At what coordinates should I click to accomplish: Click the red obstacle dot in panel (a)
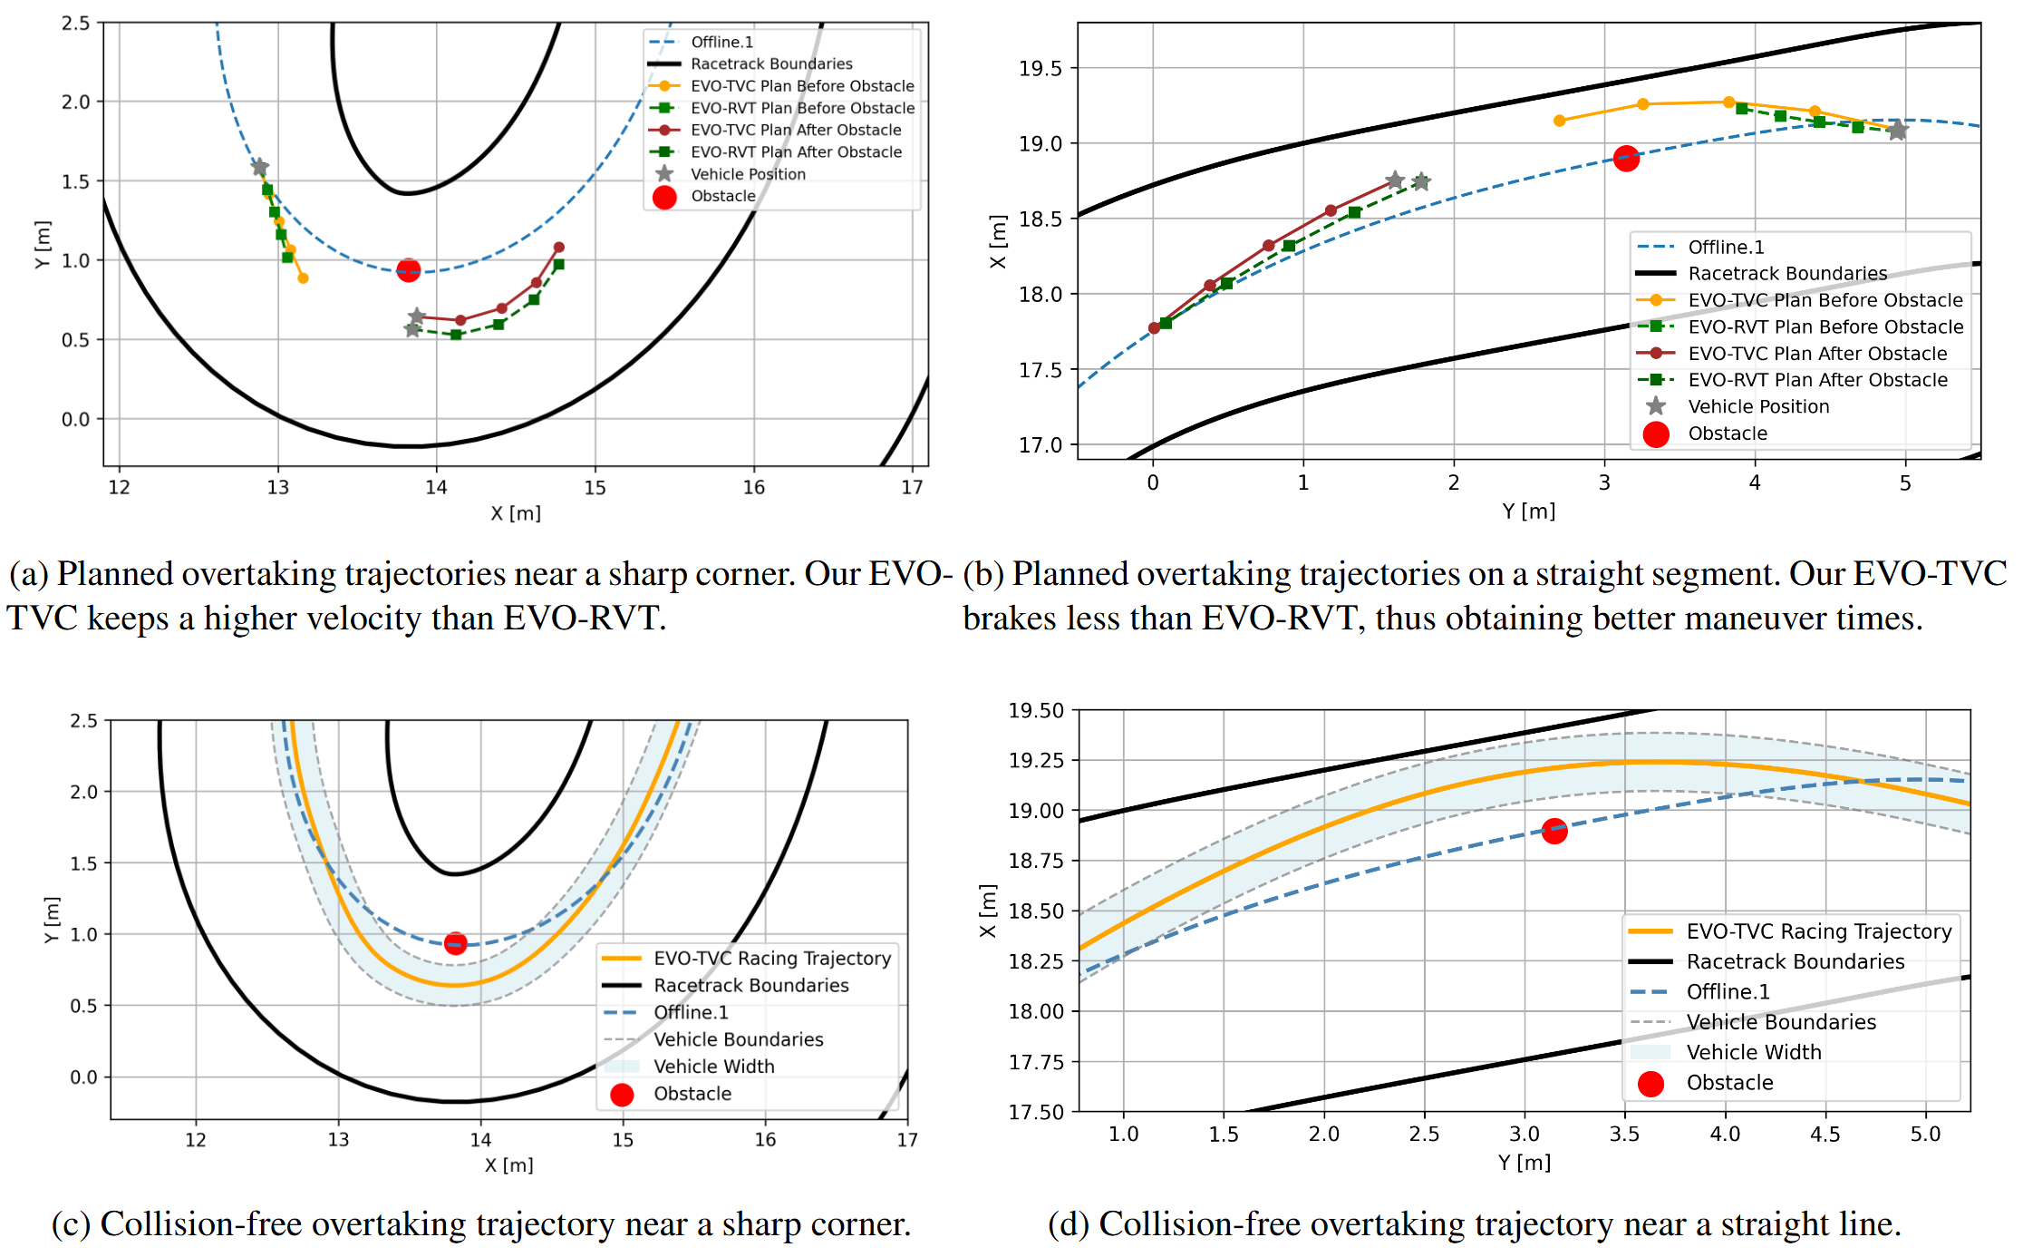click(x=409, y=269)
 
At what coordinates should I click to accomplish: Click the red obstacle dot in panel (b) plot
click(x=1626, y=159)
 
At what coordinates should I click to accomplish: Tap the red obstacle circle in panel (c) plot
click(x=456, y=943)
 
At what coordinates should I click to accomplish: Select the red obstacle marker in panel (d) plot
click(x=1554, y=831)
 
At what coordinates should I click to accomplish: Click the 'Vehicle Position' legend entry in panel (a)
click(x=748, y=174)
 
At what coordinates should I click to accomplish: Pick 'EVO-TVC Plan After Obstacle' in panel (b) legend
click(x=1816, y=354)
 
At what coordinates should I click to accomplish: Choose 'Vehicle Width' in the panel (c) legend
click(x=713, y=1067)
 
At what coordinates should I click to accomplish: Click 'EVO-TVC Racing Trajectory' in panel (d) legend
click(x=1818, y=931)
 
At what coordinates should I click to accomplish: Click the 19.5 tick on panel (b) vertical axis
click(x=1041, y=68)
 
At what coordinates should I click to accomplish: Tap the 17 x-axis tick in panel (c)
click(x=907, y=1140)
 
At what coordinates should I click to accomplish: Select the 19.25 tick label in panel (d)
click(x=1037, y=760)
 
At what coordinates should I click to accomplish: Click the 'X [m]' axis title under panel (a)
click(x=516, y=513)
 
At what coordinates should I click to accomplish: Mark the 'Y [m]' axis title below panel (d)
click(x=1524, y=1163)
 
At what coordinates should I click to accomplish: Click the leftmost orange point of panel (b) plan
click(x=1559, y=121)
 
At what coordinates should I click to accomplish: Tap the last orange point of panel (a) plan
click(x=303, y=278)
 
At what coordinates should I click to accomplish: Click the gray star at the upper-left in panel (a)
click(x=259, y=168)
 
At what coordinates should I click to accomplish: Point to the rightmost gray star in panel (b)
click(x=1897, y=132)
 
